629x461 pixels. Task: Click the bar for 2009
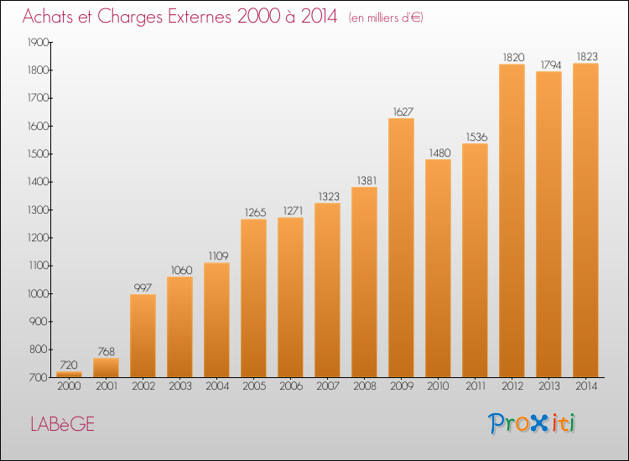point(401,248)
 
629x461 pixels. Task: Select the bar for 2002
point(143,336)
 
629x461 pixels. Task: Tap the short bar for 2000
point(69,375)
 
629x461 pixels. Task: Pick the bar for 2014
point(585,220)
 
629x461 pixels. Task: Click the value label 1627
point(403,111)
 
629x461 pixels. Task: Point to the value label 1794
point(551,65)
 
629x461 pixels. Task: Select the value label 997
point(143,287)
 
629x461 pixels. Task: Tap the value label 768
point(106,351)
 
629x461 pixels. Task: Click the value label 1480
point(439,153)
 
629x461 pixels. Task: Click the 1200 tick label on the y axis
point(38,238)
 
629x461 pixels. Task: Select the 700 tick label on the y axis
point(39,378)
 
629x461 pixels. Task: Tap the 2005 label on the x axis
point(254,386)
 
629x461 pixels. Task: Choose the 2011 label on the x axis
point(476,386)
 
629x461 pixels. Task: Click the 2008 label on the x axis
point(365,386)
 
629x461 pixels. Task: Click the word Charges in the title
point(130,17)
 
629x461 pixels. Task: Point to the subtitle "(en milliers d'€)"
point(386,18)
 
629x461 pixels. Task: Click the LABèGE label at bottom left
point(63,424)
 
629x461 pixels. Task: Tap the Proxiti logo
point(532,423)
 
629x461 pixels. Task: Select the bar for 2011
point(475,261)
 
